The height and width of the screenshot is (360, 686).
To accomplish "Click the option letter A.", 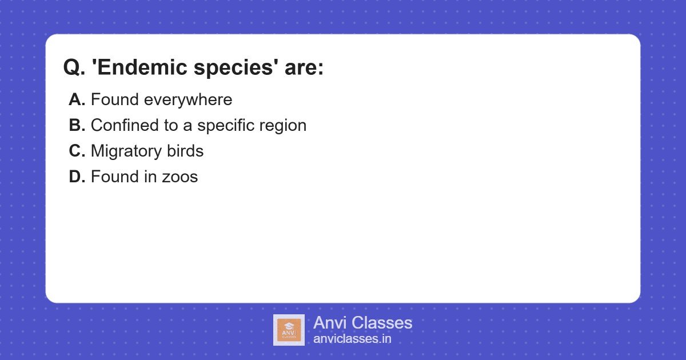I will [x=77, y=100].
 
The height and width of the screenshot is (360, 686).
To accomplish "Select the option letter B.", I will [x=77, y=126].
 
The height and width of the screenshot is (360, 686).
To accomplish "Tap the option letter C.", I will [x=77, y=151].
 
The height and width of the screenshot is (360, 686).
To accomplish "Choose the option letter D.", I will [x=77, y=177].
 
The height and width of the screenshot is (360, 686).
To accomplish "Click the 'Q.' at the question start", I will [x=74, y=68].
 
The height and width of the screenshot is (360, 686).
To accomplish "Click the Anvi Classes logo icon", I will [x=289, y=330].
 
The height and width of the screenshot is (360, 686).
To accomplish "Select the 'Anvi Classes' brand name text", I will [x=362, y=323].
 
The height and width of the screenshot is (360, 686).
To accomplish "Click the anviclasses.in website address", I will [x=352, y=339].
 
